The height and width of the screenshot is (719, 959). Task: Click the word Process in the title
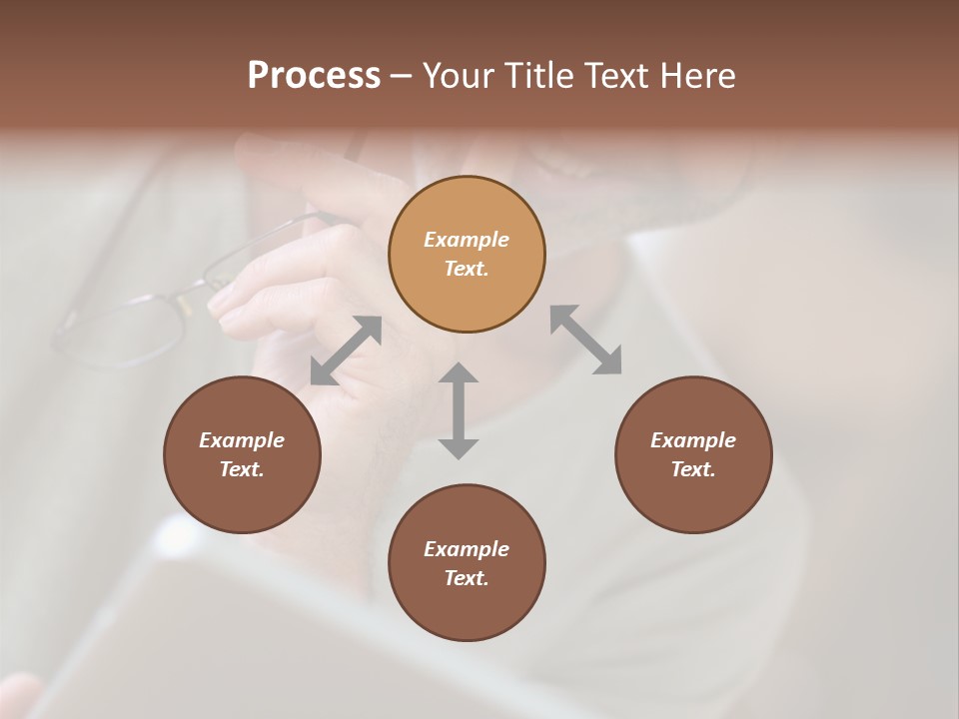click(x=314, y=76)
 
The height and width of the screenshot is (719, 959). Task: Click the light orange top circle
click(x=467, y=254)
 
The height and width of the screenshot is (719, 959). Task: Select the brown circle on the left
click(x=242, y=454)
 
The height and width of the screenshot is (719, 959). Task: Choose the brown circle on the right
click(x=693, y=454)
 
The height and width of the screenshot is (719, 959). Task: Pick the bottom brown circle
click(x=467, y=563)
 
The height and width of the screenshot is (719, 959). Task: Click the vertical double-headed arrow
click(x=459, y=410)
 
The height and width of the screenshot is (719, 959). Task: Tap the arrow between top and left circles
click(x=346, y=350)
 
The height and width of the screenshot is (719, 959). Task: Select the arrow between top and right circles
click(x=586, y=340)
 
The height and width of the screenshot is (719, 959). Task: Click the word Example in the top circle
click(x=467, y=240)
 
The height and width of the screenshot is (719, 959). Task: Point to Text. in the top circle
click(x=467, y=269)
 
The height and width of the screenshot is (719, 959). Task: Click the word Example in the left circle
click(x=242, y=440)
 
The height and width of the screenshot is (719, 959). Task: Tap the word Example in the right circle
click(x=693, y=440)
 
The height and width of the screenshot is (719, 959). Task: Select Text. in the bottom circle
click(x=467, y=578)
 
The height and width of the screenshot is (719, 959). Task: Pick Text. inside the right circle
click(x=693, y=469)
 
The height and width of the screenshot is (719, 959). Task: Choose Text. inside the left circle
click(x=242, y=469)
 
